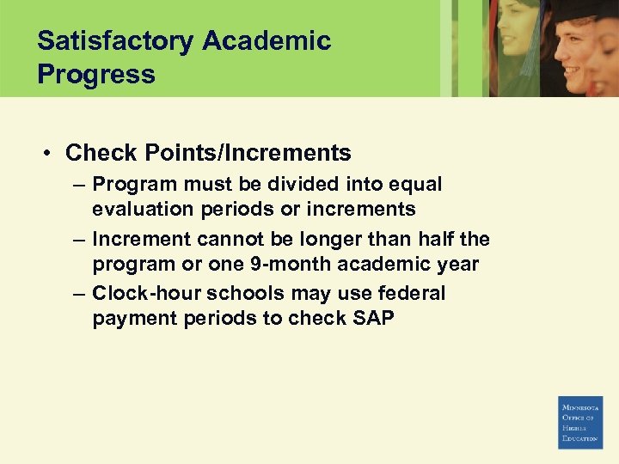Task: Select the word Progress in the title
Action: [x=96, y=74]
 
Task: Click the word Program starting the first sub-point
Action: [x=129, y=185]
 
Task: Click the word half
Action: [x=434, y=239]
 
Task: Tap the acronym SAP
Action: [x=373, y=319]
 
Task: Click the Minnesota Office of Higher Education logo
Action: [x=581, y=422]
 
